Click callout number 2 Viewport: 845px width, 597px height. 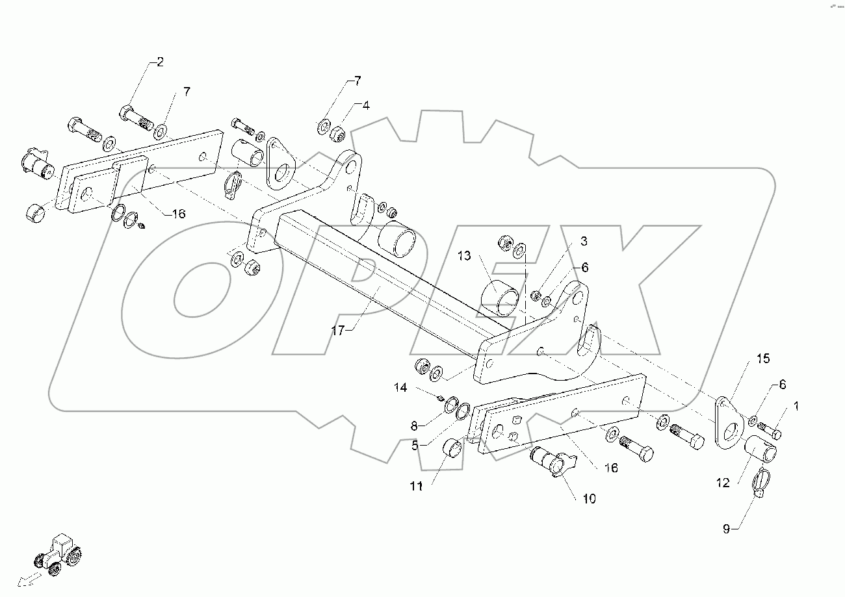pyautogui.click(x=160, y=62)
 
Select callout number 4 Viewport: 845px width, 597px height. pyautogui.click(x=366, y=105)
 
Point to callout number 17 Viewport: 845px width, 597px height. pyautogui.click(x=337, y=330)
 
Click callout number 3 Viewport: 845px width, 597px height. pyautogui.click(x=584, y=242)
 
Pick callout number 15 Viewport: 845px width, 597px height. pyautogui.click(x=762, y=359)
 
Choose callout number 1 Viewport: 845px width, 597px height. pyautogui.click(x=797, y=406)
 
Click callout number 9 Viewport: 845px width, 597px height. pyautogui.click(x=726, y=529)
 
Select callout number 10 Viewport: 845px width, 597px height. pyautogui.click(x=588, y=499)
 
